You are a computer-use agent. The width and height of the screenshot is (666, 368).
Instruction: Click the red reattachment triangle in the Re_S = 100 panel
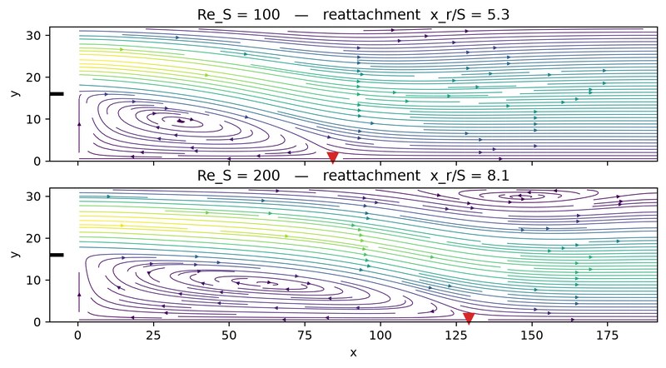tap(333, 157)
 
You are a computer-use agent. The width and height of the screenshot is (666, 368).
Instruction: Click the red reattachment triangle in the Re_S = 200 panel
tap(469, 318)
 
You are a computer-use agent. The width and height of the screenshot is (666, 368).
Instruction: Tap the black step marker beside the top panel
tap(57, 94)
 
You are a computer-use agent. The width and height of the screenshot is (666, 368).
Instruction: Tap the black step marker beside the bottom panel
tap(57, 255)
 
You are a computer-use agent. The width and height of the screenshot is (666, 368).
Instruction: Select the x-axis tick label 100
tap(380, 336)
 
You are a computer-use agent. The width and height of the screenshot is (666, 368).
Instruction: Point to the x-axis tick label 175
tap(608, 336)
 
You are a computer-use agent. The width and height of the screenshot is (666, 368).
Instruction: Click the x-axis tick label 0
tap(77, 336)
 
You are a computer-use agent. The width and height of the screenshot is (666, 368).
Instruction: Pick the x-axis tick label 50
tap(229, 336)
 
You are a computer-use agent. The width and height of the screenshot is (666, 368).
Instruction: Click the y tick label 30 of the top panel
tap(32, 35)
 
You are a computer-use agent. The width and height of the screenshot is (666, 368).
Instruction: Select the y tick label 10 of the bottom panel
tap(32, 281)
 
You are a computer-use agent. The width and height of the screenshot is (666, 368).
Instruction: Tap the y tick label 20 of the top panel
tap(32, 77)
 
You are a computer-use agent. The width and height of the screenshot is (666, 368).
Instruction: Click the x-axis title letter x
tap(353, 353)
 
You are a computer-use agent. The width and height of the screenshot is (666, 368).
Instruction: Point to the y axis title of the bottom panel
tap(15, 254)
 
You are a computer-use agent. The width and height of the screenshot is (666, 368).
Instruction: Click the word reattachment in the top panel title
tap(371, 15)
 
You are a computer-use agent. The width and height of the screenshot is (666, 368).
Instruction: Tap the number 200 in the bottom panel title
tap(266, 176)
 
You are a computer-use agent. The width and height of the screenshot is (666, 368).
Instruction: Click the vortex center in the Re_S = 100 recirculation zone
tap(181, 121)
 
